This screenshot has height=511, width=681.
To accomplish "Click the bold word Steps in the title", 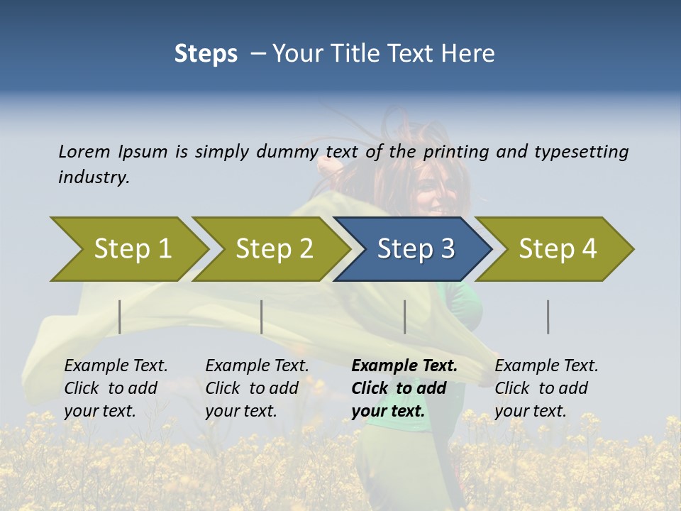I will pos(206,54).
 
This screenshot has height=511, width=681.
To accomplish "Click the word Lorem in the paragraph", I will pos(84,152).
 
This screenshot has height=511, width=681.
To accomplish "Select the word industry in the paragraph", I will pos(94,177).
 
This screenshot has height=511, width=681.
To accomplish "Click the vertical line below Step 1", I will pos(120,317).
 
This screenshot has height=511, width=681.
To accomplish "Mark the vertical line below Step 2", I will pos(262,317).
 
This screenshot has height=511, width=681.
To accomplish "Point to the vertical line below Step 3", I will pos(404,317).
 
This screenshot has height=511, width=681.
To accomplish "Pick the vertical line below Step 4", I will pos(548,317).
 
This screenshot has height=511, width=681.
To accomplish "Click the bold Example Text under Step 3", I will pos(404,366).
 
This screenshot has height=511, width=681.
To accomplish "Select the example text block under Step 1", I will pos(116,388).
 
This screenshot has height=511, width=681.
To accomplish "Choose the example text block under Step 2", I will pos(257,388).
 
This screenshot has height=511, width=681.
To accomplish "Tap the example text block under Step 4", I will pos(546,388).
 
